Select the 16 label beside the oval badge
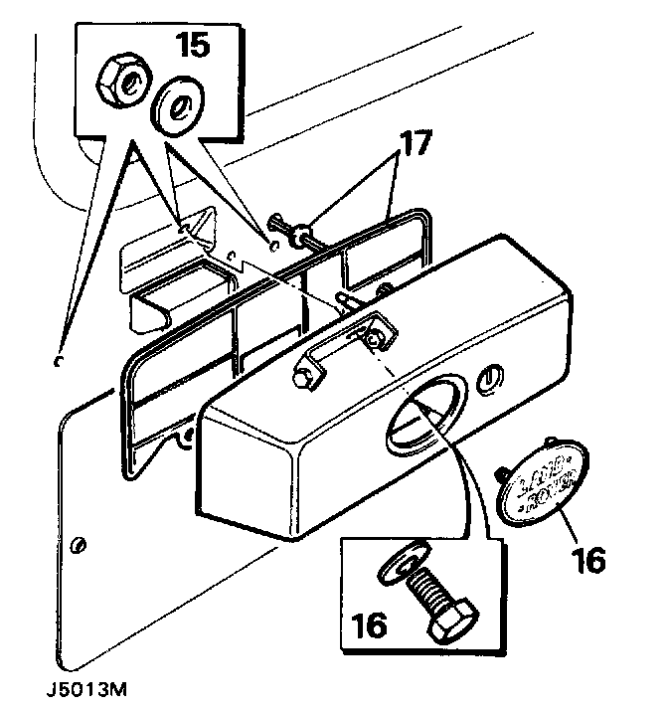[587, 560]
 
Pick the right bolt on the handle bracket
[374, 339]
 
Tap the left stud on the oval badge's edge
[504, 474]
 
